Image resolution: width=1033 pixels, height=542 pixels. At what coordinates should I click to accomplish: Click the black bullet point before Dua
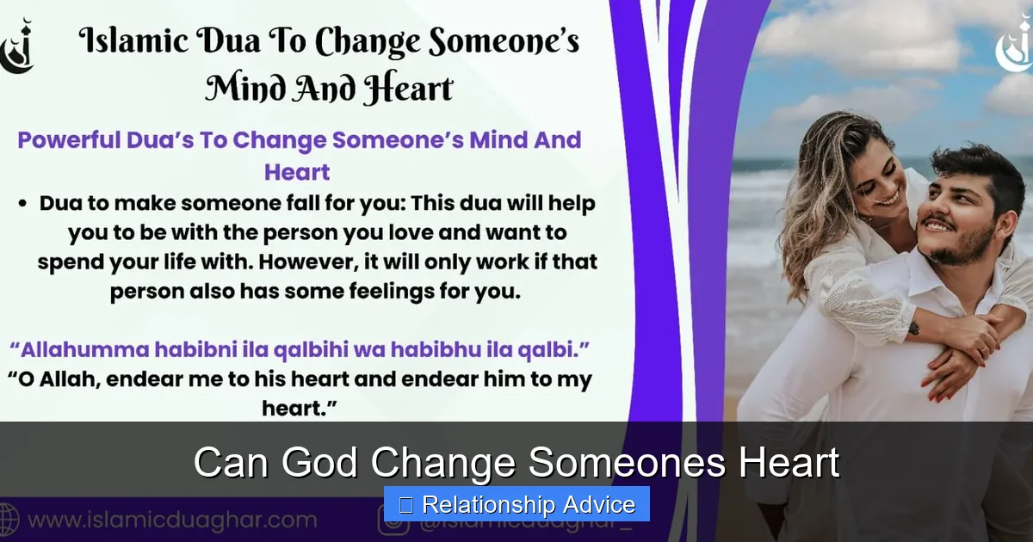coord(23,205)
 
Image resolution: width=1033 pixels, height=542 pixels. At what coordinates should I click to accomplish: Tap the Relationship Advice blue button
coord(516,504)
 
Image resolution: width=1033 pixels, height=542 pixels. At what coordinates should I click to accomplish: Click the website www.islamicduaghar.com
coord(172,520)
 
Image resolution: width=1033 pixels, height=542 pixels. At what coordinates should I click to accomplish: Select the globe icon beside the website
coord(8,520)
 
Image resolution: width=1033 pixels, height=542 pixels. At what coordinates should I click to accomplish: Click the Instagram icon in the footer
coord(393,520)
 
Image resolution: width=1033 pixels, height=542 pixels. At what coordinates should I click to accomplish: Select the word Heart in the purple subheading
coord(297,171)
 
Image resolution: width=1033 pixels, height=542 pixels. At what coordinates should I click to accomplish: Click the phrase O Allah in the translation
coord(65,379)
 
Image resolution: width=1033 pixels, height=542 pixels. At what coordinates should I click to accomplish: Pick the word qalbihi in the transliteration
coord(318,350)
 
